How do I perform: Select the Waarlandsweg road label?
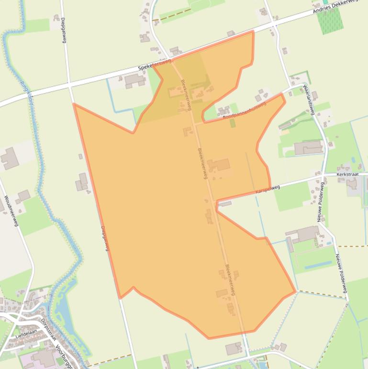pyautogui.click(x=308, y=100)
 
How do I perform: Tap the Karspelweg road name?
pyautogui.click(x=268, y=190)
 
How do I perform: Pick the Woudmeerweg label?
pyautogui.click(x=11, y=211)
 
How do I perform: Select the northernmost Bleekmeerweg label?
pyautogui.click(x=186, y=94)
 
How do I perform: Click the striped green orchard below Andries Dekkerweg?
pyautogui.click(x=330, y=21)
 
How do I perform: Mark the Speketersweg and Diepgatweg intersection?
pyautogui.click(x=70, y=87)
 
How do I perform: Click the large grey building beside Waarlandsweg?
pyautogui.click(x=308, y=148)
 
